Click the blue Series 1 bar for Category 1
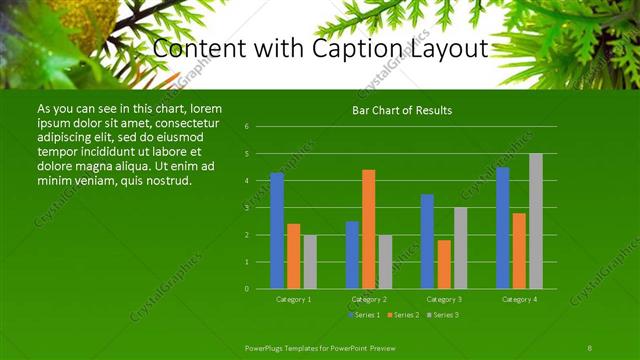277,231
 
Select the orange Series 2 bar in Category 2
369,229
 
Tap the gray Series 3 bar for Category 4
536,221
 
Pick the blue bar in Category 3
427,241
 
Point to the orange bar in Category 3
444,264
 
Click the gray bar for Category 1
310,262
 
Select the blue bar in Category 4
503,228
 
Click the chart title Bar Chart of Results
402,110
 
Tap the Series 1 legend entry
363,315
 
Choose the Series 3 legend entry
442,315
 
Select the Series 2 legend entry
402,315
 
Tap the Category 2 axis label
369,299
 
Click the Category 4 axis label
519,299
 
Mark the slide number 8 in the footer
590,346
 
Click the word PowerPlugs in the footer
267,346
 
